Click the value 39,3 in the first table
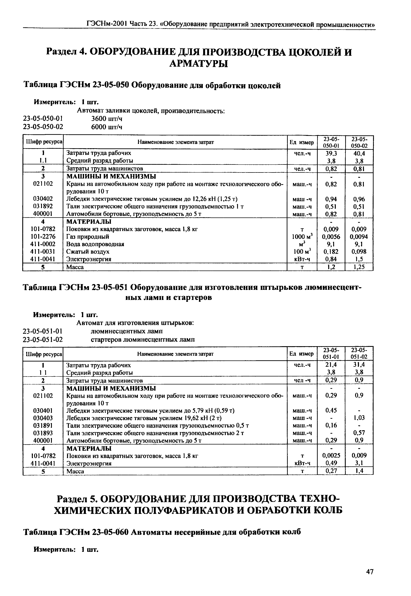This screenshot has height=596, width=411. click(x=331, y=153)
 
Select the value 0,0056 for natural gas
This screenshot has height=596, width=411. click(x=331, y=237)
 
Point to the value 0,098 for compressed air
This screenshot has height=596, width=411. click(x=359, y=252)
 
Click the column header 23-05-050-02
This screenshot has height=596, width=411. click(x=359, y=142)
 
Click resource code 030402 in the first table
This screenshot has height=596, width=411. click(x=43, y=199)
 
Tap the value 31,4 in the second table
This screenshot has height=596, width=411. click(x=359, y=365)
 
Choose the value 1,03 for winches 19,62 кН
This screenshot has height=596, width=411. click(x=359, y=418)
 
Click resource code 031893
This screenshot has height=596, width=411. click(x=43, y=433)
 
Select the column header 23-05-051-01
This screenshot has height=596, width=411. click(x=331, y=354)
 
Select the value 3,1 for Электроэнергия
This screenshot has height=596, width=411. click(x=359, y=463)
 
